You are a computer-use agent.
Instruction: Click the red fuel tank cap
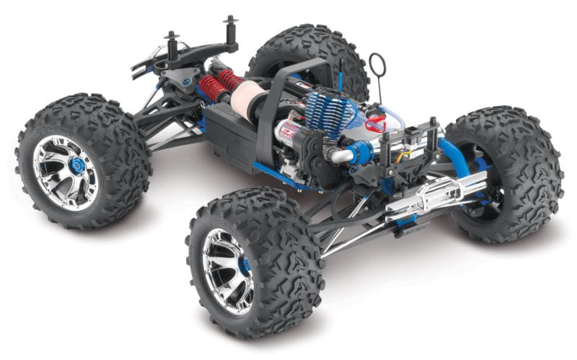(x=374, y=125)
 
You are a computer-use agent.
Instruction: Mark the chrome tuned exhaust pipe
(x=426, y=198)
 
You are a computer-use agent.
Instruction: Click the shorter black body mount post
(x=172, y=47)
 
